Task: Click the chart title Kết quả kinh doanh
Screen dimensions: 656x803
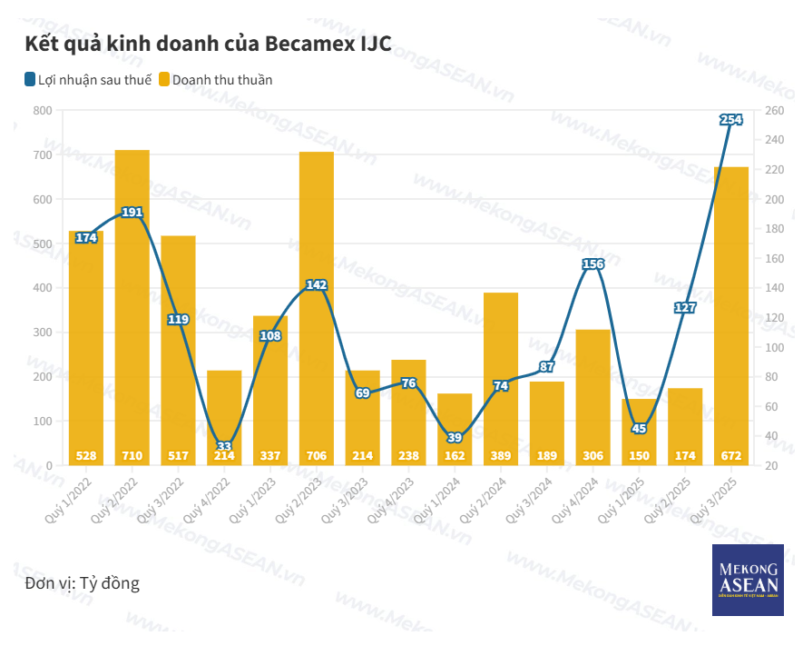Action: (x=208, y=44)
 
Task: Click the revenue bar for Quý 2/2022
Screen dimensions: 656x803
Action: (x=132, y=309)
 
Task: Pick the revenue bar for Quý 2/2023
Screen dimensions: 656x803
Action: (x=317, y=309)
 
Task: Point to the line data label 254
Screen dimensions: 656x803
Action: (x=731, y=119)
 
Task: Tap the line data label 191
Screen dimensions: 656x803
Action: (x=132, y=213)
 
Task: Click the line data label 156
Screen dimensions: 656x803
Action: (x=592, y=264)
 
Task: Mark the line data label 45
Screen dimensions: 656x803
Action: (x=639, y=429)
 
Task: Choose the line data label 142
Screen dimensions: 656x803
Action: (x=317, y=285)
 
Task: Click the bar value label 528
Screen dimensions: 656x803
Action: (x=86, y=455)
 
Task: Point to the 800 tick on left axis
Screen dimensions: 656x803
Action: (x=42, y=111)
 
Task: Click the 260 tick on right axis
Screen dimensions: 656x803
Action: (x=774, y=111)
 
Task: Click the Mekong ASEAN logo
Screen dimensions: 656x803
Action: (x=748, y=581)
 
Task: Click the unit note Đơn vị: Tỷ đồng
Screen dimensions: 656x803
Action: (x=83, y=582)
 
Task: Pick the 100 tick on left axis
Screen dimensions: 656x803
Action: (x=42, y=422)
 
